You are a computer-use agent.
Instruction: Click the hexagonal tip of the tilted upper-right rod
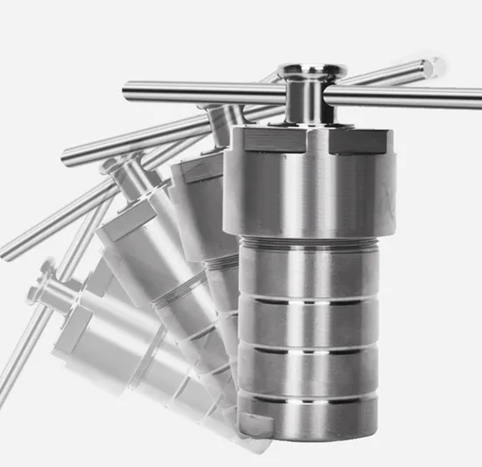tap(432, 67)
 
